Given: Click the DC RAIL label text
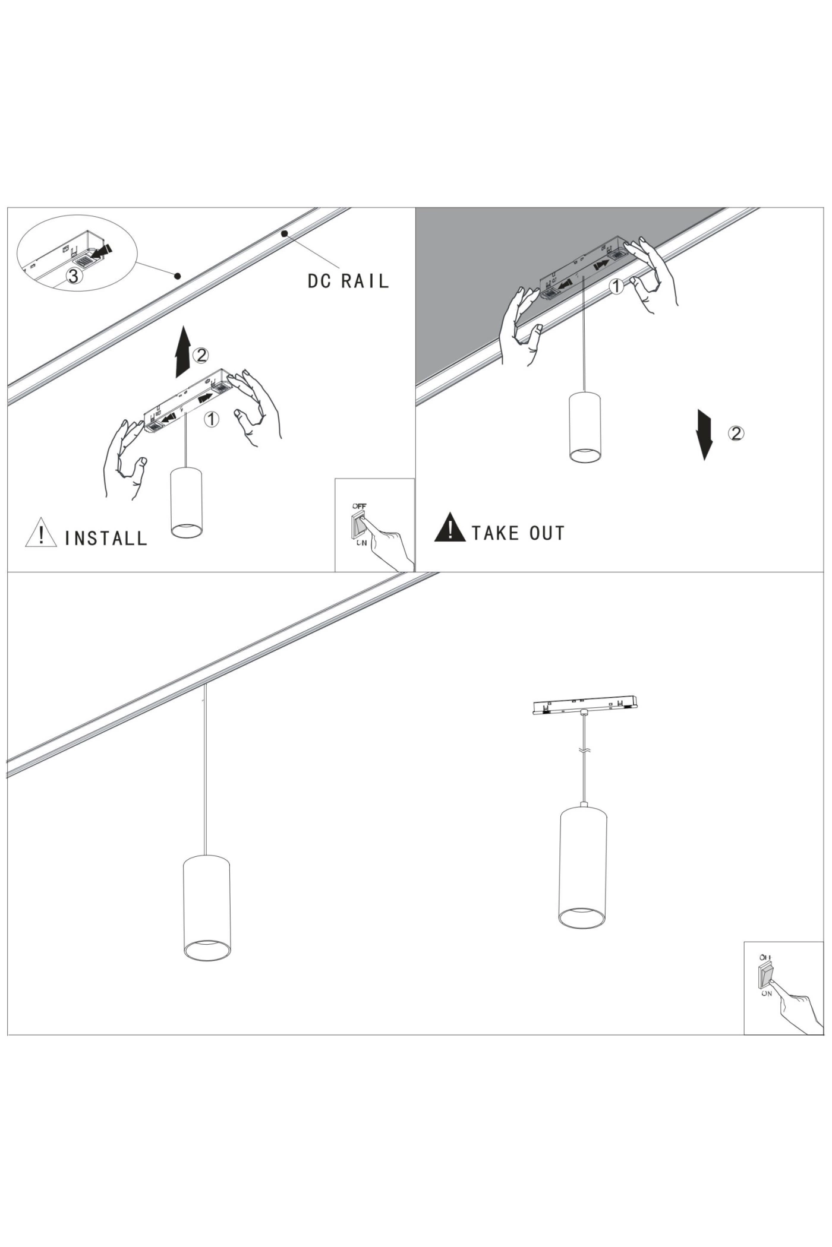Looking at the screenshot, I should click(348, 280).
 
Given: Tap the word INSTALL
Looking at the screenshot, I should click(106, 538).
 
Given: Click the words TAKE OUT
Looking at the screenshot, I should click(518, 533).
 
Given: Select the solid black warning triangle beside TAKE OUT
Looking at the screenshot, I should click(450, 528).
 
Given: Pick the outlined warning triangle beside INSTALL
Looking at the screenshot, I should click(41, 533).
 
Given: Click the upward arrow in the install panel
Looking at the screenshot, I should click(183, 352).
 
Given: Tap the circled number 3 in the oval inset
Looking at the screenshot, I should click(73, 276).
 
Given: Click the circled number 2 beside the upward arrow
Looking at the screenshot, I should click(201, 355).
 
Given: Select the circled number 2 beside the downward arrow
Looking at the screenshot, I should click(736, 433).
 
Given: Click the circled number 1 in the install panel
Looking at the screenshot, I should click(211, 419).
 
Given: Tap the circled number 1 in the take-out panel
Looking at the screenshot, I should click(617, 287).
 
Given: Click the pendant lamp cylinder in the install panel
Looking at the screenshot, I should click(186, 502).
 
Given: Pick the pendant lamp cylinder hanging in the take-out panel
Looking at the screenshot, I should click(585, 426).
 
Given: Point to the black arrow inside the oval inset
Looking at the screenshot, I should click(102, 252).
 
